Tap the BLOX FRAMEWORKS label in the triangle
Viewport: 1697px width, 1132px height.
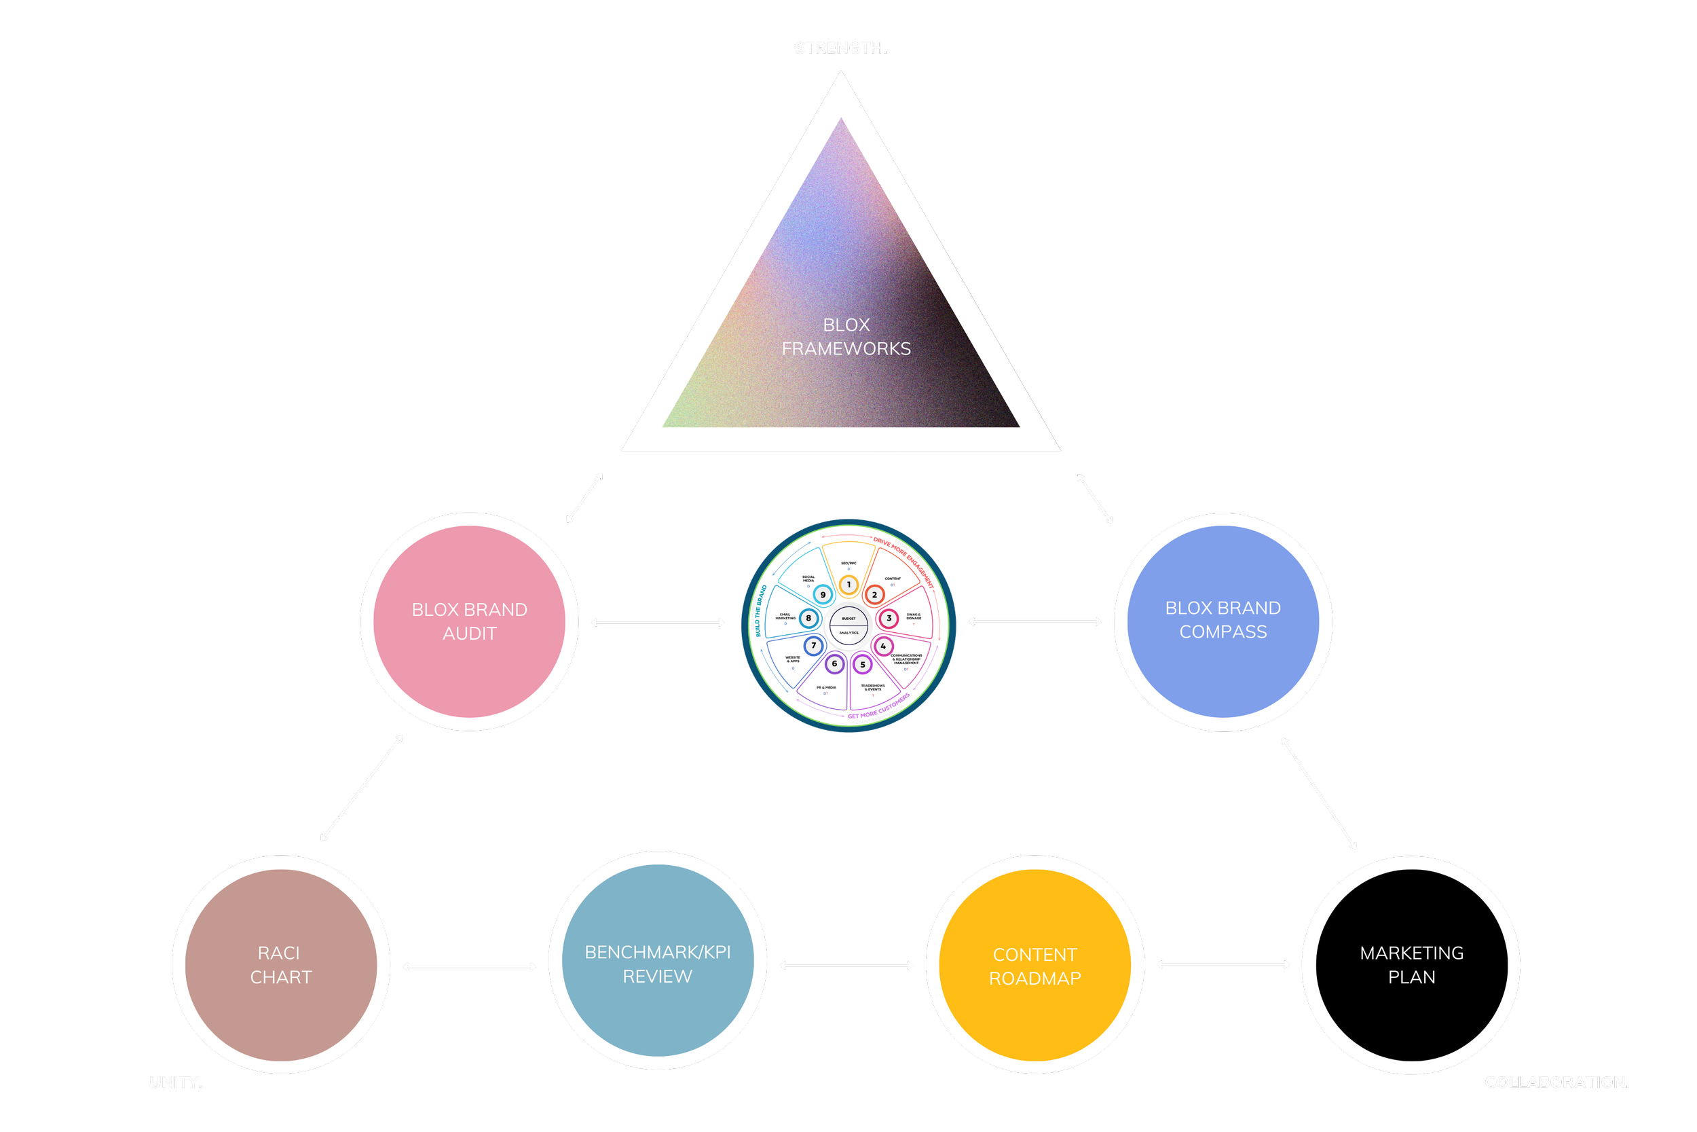(846, 337)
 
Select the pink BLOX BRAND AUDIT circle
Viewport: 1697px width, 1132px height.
(470, 621)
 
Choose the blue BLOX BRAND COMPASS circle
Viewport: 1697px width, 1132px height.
(1223, 621)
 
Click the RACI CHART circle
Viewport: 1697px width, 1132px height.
(280, 964)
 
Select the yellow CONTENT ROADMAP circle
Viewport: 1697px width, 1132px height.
(1034, 965)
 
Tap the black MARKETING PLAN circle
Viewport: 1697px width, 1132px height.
(1411, 964)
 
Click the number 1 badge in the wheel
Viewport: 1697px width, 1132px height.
(848, 585)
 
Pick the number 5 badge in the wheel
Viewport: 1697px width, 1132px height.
(862, 664)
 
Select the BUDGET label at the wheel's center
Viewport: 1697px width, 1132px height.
(848, 619)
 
